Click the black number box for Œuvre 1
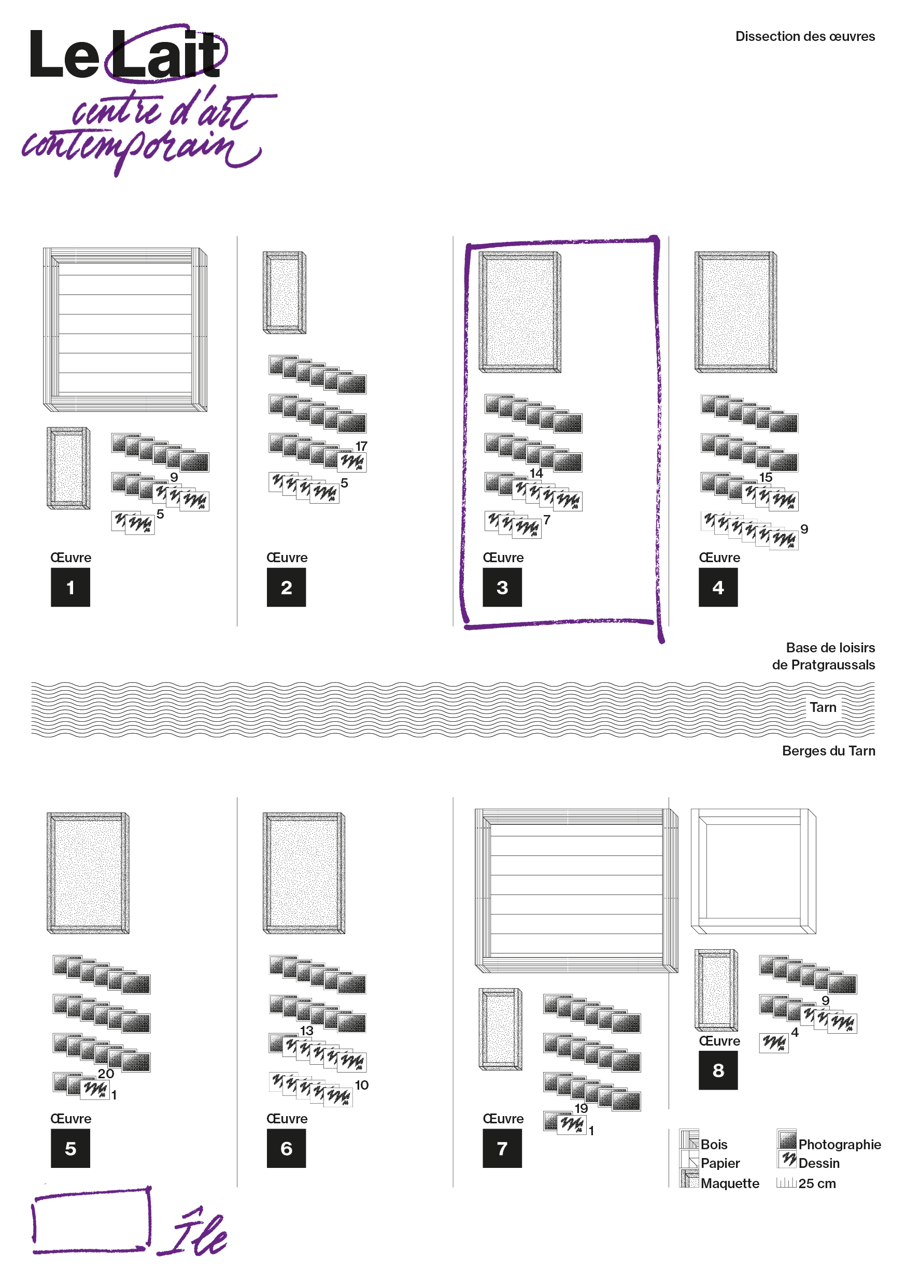70,587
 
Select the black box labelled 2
286,587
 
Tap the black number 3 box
502,587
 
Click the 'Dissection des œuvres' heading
805,36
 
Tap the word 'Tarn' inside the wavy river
823,707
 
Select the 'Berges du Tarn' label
829,751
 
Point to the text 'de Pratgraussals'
824,665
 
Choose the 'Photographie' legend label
840,1145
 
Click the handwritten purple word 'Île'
193,1233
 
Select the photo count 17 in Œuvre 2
361,447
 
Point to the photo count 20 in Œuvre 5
106,1074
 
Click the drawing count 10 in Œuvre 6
362,1085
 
